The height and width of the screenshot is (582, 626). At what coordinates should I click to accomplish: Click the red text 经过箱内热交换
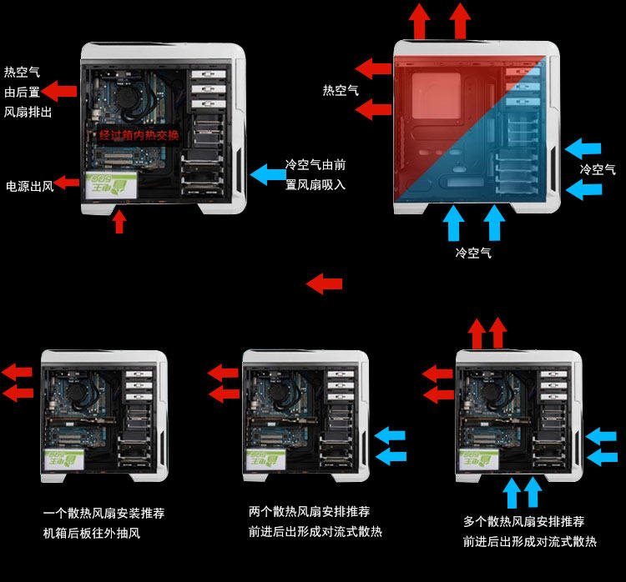point(139,135)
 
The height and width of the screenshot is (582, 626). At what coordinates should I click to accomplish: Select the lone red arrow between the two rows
point(324,283)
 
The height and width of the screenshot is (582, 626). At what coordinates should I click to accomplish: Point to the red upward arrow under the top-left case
point(119,221)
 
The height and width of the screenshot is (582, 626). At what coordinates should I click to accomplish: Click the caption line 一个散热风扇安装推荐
point(103,514)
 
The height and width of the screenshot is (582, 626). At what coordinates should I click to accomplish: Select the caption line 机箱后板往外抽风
point(92,534)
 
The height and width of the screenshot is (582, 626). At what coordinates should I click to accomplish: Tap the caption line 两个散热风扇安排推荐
point(309,511)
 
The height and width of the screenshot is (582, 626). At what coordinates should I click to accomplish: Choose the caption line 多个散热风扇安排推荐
point(523,522)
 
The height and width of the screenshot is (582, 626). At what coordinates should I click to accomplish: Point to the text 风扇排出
point(28,111)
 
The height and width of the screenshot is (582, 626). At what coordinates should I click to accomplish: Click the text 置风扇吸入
point(315,184)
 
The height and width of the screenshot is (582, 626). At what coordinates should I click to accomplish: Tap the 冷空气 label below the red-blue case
point(473,252)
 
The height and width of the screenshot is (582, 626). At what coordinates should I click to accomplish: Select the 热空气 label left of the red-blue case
point(341,90)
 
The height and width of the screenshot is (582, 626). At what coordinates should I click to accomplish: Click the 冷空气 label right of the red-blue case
point(598,169)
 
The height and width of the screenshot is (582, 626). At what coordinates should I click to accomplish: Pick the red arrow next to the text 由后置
point(59,92)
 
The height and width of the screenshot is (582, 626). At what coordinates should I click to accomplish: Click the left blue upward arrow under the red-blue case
point(454,223)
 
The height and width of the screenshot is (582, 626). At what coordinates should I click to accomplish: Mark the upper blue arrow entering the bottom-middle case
point(390,435)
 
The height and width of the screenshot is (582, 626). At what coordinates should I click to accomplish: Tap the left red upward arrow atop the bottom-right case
point(477,334)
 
